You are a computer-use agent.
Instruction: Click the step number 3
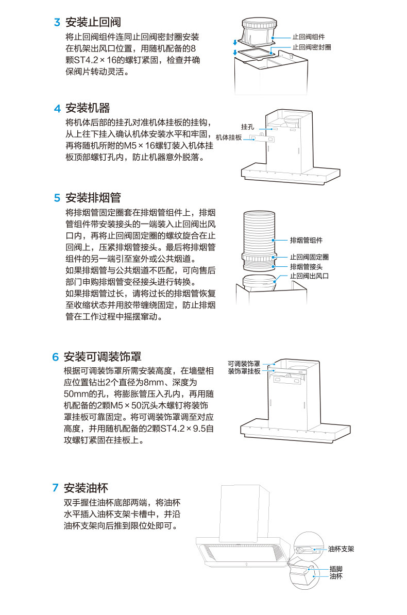click(57, 23)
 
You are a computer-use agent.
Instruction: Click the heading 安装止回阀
click(93, 23)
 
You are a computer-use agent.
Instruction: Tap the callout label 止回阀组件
click(309, 37)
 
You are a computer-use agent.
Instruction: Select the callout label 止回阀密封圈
click(312, 47)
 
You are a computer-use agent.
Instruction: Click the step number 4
click(57, 109)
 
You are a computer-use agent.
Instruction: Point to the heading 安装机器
click(88, 109)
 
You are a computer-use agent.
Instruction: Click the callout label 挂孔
click(248, 127)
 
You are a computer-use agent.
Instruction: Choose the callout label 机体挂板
click(229, 138)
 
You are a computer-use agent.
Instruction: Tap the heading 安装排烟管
click(93, 198)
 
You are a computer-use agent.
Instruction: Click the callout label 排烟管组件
click(306, 240)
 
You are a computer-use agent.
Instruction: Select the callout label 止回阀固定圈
click(309, 257)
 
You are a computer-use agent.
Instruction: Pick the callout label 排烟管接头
click(306, 266)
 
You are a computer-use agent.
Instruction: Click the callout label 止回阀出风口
click(309, 276)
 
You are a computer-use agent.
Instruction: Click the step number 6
click(55, 357)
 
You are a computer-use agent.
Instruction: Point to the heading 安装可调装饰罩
click(102, 357)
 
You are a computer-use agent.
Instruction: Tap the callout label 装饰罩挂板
click(244, 371)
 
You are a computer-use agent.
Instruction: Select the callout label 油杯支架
click(341, 549)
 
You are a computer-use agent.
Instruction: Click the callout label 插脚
click(335, 569)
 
